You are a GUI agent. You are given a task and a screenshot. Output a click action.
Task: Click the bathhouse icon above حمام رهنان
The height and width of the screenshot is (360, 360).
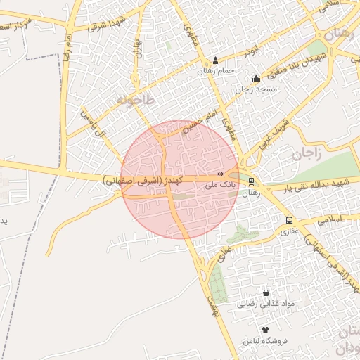[215, 60]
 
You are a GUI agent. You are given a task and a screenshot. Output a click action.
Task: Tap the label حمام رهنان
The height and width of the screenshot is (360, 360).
[215, 71]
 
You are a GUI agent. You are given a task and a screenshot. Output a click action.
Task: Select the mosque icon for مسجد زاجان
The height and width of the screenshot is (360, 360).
[255, 79]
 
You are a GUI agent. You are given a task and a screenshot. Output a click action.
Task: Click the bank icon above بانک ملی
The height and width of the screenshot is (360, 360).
[220, 173]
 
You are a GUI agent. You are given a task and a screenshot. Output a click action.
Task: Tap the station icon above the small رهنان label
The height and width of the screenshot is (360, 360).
[252, 181]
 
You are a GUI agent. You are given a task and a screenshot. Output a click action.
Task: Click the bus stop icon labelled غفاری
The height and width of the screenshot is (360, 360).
[290, 220]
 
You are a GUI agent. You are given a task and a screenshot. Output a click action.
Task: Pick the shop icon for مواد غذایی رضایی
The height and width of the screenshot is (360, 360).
[266, 292]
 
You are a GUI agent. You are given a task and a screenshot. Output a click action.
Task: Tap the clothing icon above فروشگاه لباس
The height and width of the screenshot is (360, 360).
[265, 329]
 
